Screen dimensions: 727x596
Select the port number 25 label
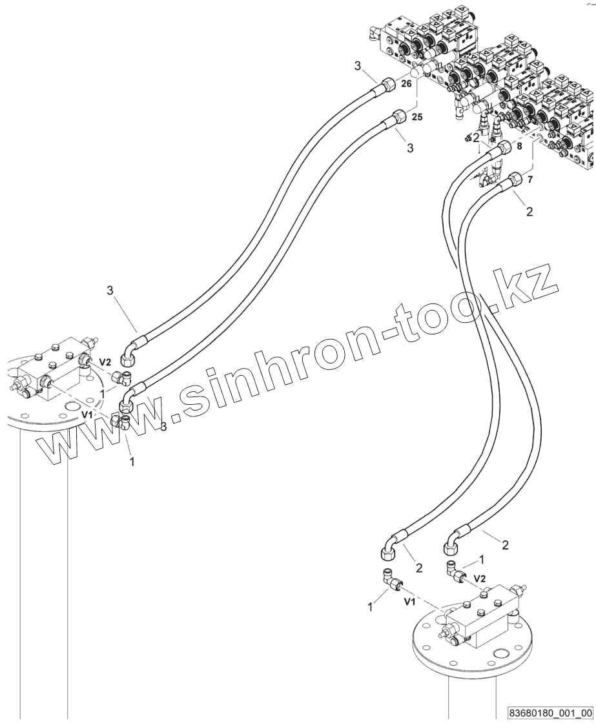417,117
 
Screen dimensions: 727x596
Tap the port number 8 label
537,147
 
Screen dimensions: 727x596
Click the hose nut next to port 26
389,85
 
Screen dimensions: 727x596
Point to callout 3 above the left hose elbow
111,291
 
